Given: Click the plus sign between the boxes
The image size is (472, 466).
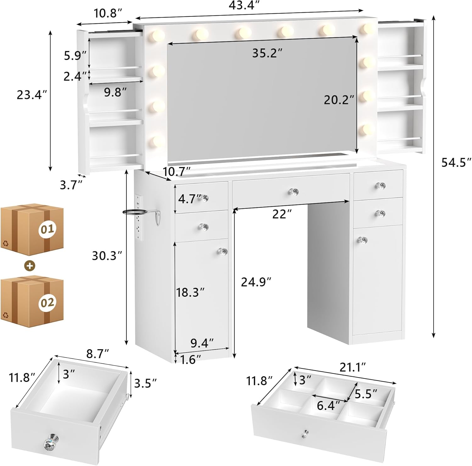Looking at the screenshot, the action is (30, 266).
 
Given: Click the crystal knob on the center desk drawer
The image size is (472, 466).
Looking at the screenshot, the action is (294, 191).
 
